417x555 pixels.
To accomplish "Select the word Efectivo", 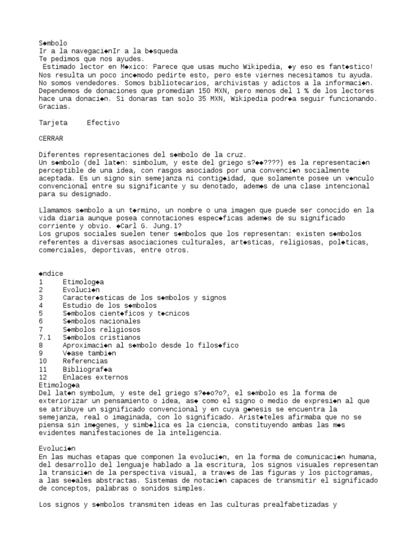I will (103, 123).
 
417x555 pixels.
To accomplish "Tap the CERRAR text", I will (50, 139).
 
